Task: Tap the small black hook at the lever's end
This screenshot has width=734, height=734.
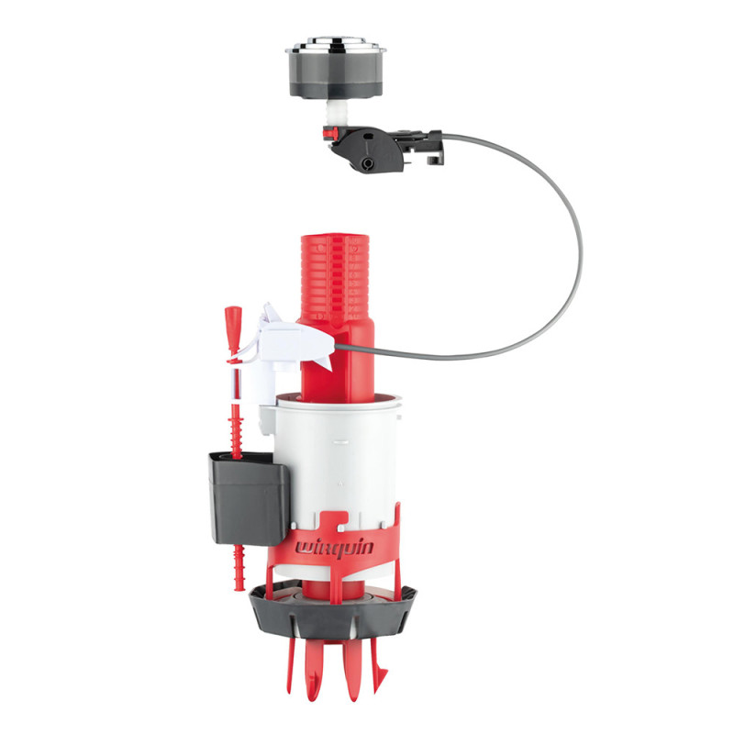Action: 436,160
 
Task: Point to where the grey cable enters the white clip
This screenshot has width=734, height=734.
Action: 335,347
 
